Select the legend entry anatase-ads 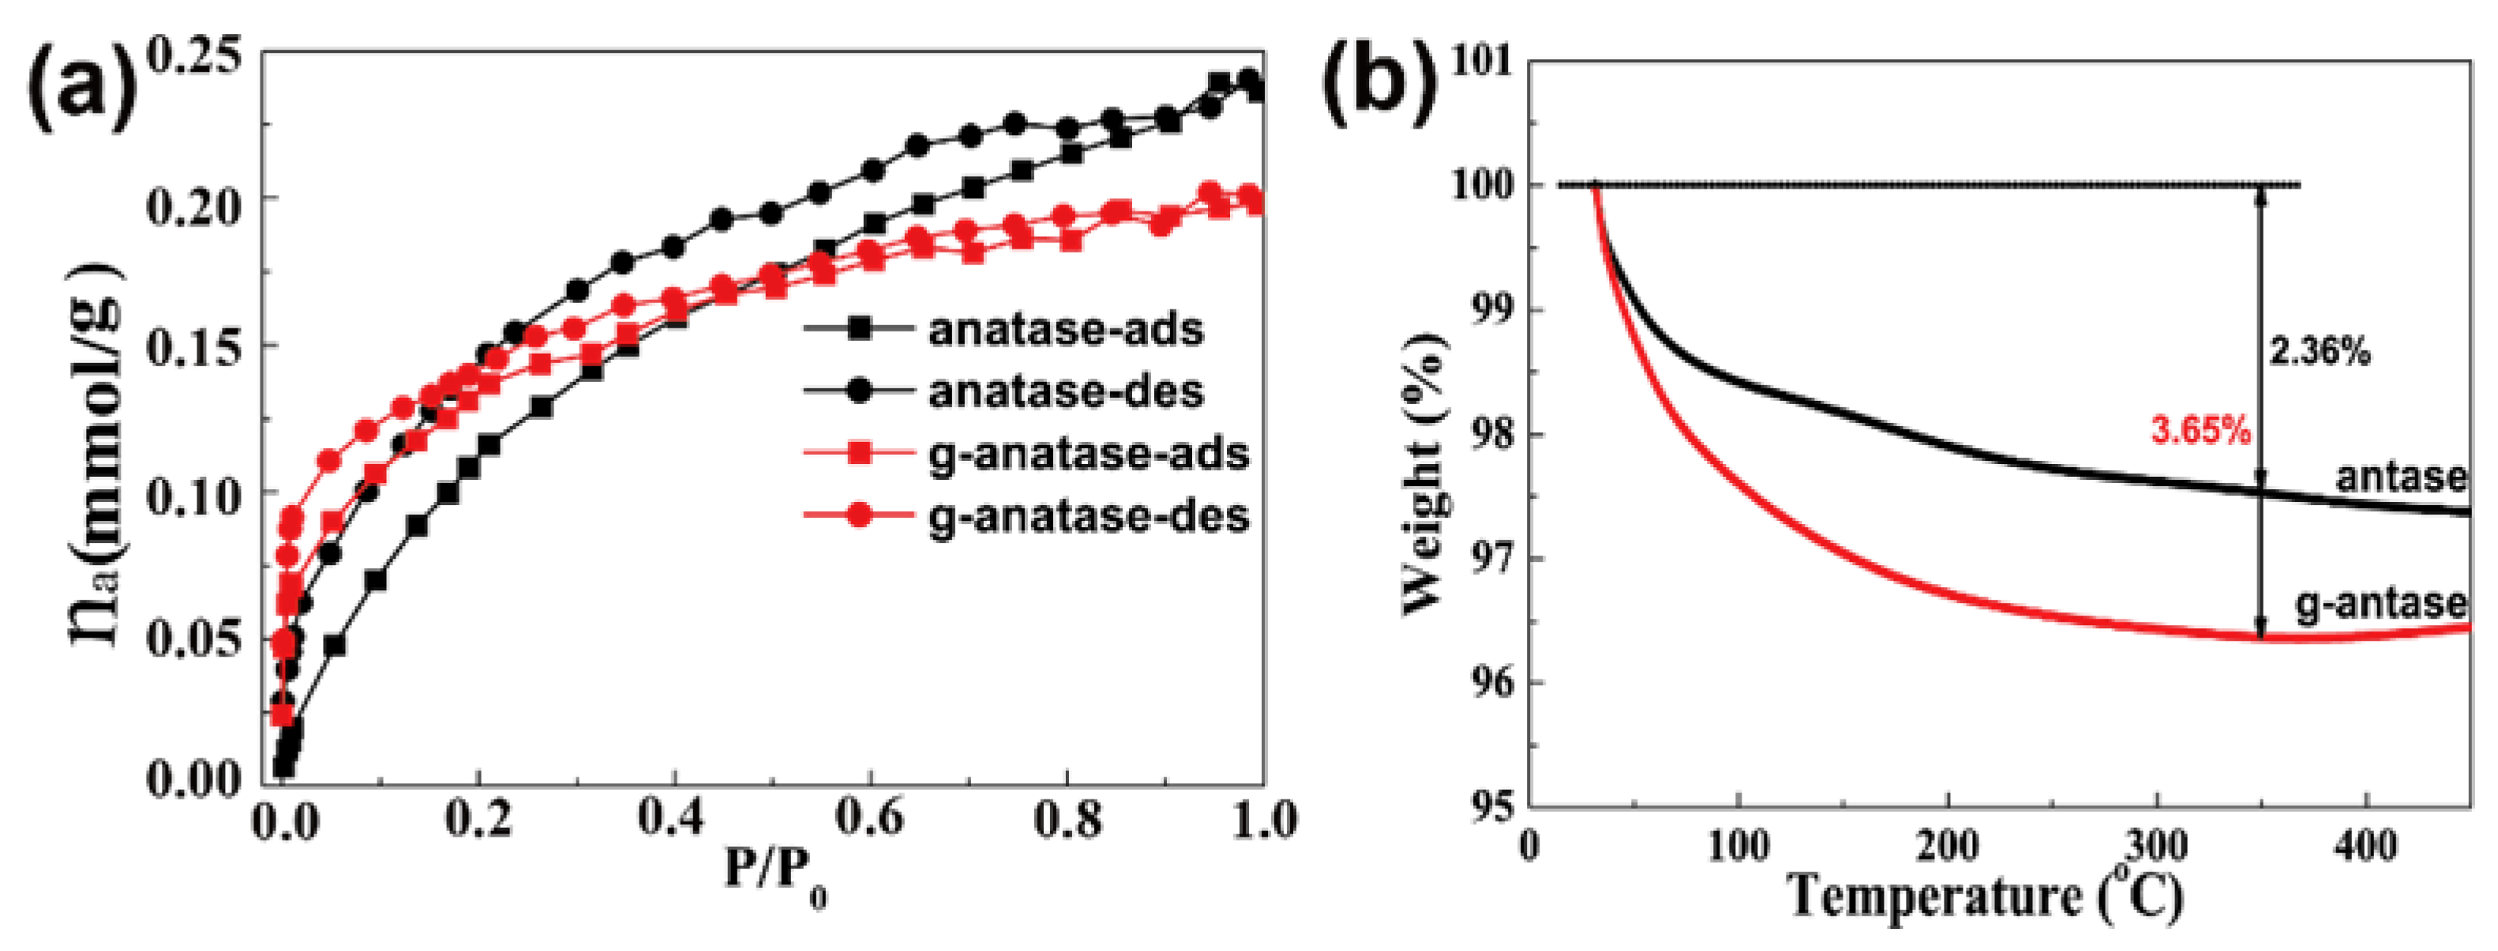[1066, 331]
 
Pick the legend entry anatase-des [1066, 391]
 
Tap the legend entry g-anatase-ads [1088, 454]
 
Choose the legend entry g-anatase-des [1088, 515]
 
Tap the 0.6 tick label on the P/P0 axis [870, 820]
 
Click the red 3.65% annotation [2200, 430]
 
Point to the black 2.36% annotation [2320, 353]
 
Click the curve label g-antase [2380, 604]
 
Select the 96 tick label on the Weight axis [1491, 683]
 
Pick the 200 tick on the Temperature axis [1947, 845]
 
